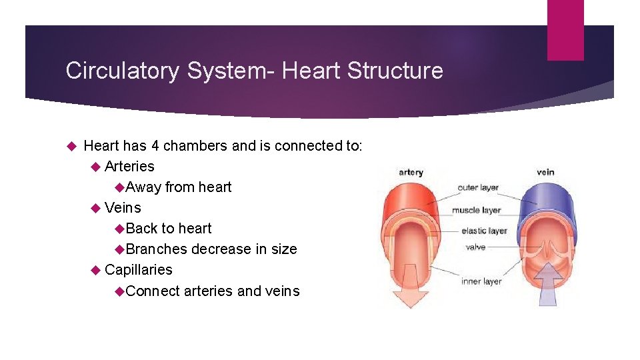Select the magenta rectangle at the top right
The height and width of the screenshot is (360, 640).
(565, 30)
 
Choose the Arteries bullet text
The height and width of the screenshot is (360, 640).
(129, 166)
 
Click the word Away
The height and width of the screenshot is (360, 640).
(143, 187)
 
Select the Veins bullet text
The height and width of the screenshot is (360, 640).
(123, 207)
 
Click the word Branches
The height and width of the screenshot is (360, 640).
(157, 249)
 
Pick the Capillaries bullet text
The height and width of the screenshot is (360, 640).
(139, 269)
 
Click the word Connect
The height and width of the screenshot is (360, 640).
(153, 291)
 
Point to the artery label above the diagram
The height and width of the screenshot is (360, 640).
(411, 173)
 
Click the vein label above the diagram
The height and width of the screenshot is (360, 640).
(545, 173)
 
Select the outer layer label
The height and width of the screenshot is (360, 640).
(478, 187)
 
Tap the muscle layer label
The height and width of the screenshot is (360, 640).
(477, 210)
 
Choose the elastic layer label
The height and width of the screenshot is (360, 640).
(484, 231)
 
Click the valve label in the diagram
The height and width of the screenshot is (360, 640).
(475, 247)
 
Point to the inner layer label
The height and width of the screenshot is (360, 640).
(481, 281)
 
